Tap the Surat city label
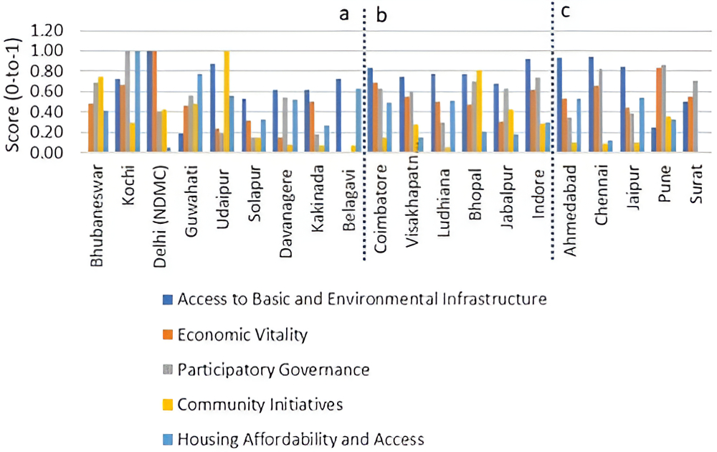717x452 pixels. (x=694, y=184)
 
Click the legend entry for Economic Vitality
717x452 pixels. (x=242, y=334)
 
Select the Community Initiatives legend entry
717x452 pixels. (x=260, y=405)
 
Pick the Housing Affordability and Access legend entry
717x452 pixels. (x=300, y=439)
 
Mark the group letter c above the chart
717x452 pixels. (x=566, y=12)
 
